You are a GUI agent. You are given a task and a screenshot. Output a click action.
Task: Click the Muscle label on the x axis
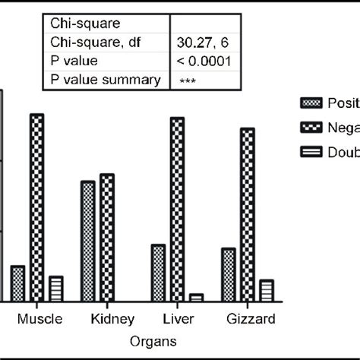coord(39,318)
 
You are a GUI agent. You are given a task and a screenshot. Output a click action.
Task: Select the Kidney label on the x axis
coord(112,318)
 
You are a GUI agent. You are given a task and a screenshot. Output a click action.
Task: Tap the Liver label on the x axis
coord(180,318)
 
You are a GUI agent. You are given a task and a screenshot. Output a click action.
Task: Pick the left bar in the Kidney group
coord(88,242)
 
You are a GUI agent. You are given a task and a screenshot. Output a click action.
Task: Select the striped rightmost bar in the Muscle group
coord(55,289)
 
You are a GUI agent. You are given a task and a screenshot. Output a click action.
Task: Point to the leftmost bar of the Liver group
coord(158,273)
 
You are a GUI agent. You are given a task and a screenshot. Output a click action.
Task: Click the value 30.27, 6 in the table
coord(199,43)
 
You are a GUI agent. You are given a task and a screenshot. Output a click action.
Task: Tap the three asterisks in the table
coord(188,81)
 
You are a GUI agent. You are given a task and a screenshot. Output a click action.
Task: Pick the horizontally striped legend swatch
coord(308,152)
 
